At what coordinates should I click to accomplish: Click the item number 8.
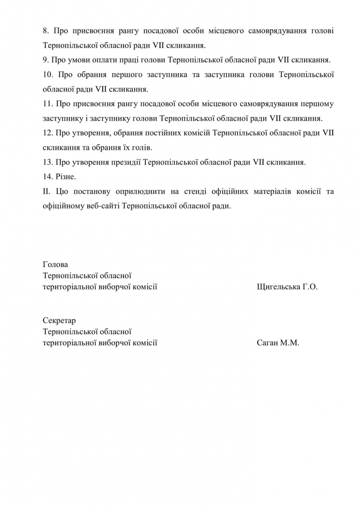[x=45, y=31]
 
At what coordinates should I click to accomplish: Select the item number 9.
[x=45, y=60]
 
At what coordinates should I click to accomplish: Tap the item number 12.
[x=48, y=133]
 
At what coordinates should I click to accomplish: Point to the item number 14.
[x=48, y=177]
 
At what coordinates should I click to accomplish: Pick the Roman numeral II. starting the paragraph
[x=47, y=191]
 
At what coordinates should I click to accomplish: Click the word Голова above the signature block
[x=55, y=265]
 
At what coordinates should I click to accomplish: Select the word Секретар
[x=59, y=321]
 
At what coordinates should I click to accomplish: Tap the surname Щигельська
[x=278, y=287]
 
